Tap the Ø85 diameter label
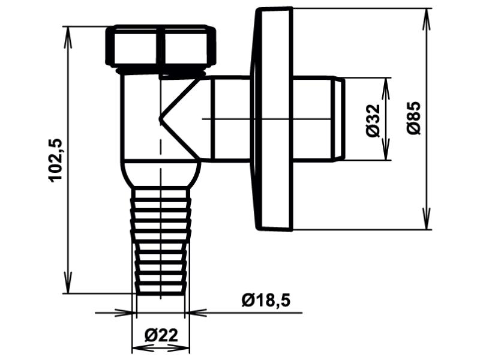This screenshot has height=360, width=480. coord(414,118)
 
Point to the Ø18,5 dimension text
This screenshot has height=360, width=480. coord(265,301)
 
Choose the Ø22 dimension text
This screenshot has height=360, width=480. coord(161,335)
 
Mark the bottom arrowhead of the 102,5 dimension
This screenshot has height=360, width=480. coord(68,283)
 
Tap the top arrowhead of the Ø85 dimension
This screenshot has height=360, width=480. coord(426,19)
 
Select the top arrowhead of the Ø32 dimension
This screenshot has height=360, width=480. coord(386,88)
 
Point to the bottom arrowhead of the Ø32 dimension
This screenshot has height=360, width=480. coord(386,149)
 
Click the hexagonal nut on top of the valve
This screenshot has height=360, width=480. coord(161,46)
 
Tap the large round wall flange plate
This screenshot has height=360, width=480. coord(272,119)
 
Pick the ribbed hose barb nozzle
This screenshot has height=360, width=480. coord(161,241)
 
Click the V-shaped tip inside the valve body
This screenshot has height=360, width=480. coord(160,119)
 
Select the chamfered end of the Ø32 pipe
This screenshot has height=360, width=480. coord(339,119)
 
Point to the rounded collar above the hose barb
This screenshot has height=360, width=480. coord(161,173)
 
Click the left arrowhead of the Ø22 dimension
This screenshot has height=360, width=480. coord(143,348)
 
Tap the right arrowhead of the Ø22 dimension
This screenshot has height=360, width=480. coord(179,348)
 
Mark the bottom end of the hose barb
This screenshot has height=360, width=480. coord(161,294)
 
